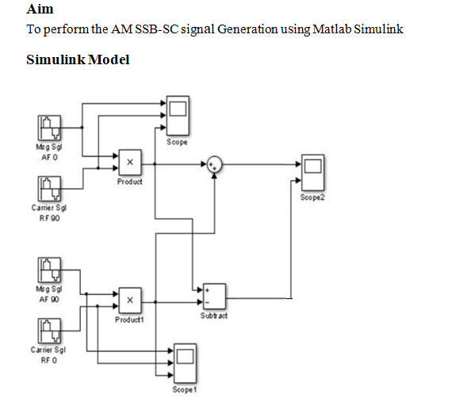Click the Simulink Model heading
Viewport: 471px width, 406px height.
(78, 59)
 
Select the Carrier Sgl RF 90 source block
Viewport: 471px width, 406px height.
(51, 189)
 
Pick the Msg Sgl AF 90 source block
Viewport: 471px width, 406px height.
(51, 270)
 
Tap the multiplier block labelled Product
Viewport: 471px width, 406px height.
(130, 163)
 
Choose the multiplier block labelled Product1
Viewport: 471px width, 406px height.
(130, 301)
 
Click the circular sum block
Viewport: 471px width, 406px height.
(215, 164)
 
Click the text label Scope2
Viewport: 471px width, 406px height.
(312, 197)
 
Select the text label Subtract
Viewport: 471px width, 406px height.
(214, 316)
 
